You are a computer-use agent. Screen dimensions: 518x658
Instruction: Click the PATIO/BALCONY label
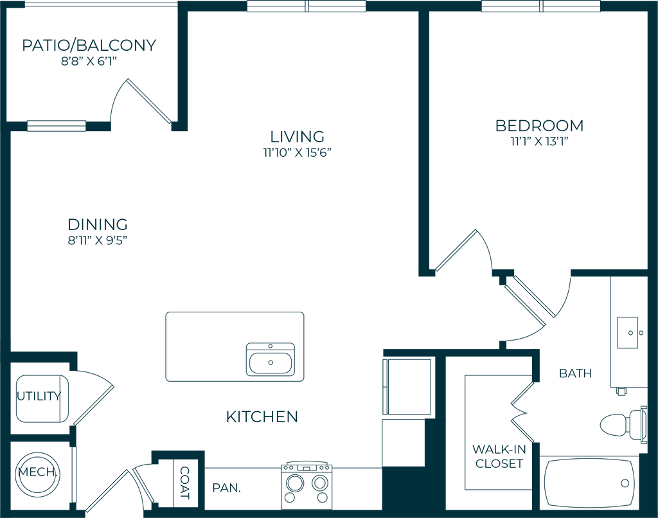tap(89, 46)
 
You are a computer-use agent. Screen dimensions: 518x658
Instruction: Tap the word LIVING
tap(297, 137)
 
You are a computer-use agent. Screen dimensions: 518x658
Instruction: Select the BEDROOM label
tap(539, 125)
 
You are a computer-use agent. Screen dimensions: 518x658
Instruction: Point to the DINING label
tap(98, 224)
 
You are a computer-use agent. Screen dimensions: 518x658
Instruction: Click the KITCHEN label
tap(262, 417)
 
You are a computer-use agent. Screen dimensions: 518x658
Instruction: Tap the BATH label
tap(576, 373)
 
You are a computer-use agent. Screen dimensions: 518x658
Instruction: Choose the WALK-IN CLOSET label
tap(498, 456)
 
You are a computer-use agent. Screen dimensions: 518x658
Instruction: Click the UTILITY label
tap(40, 396)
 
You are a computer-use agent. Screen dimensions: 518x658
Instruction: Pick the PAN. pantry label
tap(227, 488)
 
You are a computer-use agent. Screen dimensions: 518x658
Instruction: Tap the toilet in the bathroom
tap(622, 424)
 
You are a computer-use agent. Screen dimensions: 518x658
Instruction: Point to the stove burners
tap(307, 483)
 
